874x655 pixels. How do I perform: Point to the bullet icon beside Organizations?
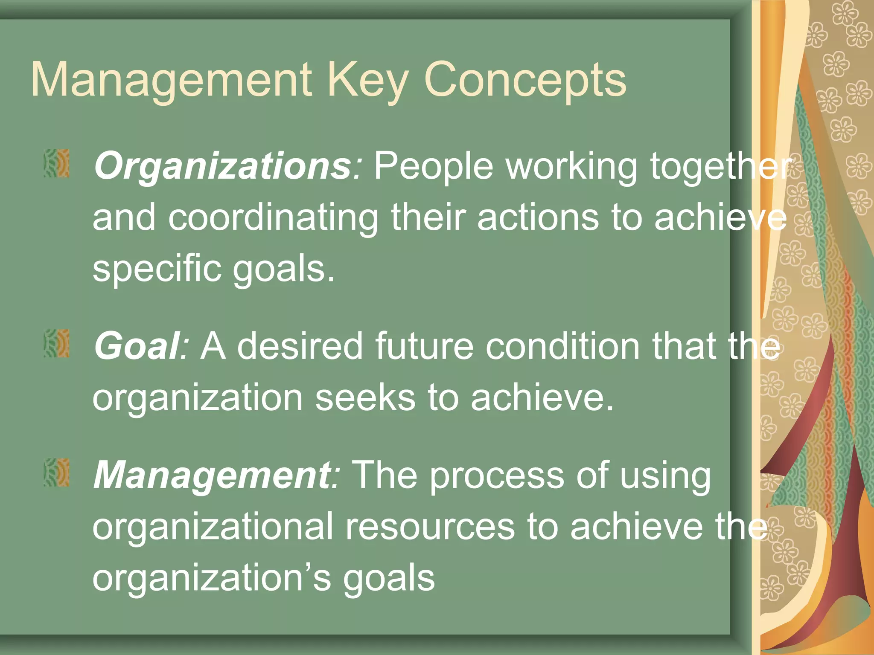(56, 163)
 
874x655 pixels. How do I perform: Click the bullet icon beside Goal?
(56, 343)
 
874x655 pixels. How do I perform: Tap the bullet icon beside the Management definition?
(56, 472)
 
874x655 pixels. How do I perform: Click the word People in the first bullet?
(434, 166)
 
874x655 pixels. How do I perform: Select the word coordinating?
(273, 218)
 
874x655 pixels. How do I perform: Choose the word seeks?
(365, 398)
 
